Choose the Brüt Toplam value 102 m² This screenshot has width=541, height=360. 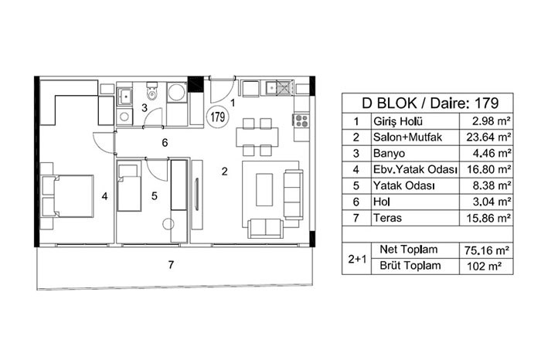coord(487,266)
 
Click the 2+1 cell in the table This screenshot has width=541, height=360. coord(357,259)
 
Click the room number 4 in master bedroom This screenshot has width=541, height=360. coord(104,196)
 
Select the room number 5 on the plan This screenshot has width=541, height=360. coord(155,196)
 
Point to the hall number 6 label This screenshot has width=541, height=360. coord(165,142)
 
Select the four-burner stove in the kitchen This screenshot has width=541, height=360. coord(301,120)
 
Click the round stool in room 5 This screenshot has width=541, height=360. coord(168,225)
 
